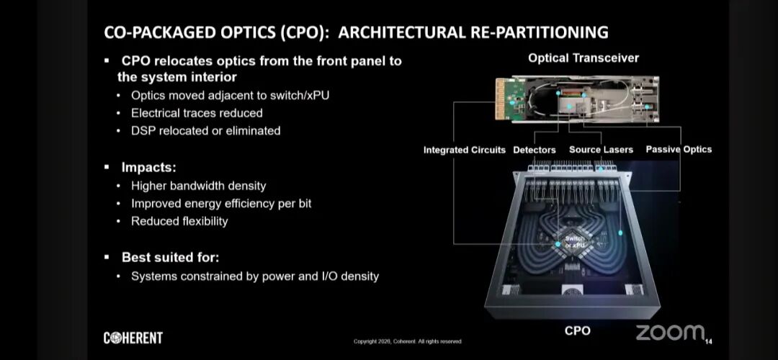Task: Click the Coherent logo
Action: pyautogui.click(x=133, y=338)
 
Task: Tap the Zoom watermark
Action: pyautogui.click(x=669, y=333)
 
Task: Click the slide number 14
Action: pyautogui.click(x=708, y=341)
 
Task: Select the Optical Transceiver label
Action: pyautogui.click(x=583, y=58)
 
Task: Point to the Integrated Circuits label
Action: pyautogui.click(x=465, y=150)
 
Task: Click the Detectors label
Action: pyautogui.click(x=535, y=150)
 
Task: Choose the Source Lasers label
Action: pyautogui.click(x=601, y=150)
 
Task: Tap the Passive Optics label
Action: pyautogui.click(x=679, y=149)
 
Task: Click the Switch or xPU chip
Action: pyautogui.click(x=575, y=242)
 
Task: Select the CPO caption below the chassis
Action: pyautogui.click(x=577, y=330)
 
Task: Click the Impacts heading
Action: pyautogui.click(x=148, y=167)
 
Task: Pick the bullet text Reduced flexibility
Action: pyautogui.click(x=179, y=221)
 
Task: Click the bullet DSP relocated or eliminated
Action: pyautogui.click(x=205, y=131)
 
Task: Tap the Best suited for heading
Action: pyautogui.click(x=170, y=257)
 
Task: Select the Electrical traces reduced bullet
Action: pyautogui.click(x=197, y=113)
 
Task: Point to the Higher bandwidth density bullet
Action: pyautogui.click(x=199, y=186)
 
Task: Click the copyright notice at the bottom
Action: pyautogui.click(x=407, y=341)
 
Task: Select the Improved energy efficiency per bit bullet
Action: pyautogui.click(x=221, y=204)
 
